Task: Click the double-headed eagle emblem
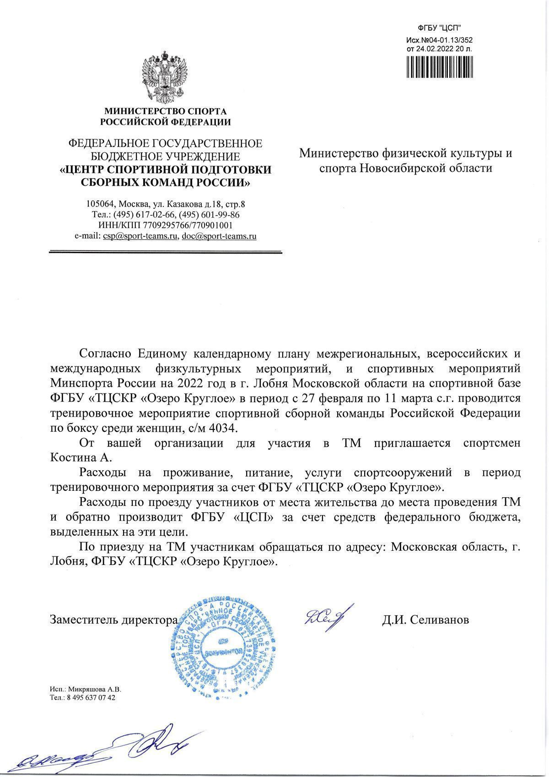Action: click(x=165, y=77)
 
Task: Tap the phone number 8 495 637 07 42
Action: click(x=91, y=698)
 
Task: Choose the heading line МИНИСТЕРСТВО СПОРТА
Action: click(x=166, y=111)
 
